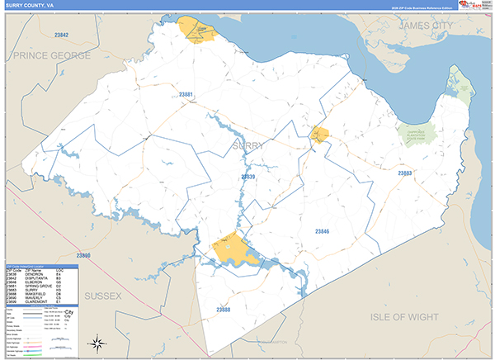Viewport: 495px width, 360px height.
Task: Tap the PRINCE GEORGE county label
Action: [51, 55]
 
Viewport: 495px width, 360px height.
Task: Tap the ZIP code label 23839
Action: [248, 177]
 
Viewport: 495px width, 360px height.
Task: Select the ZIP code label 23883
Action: [404, 173]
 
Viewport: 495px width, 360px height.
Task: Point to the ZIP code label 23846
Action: [322, 232]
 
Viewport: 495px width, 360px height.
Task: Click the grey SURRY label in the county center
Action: [249, 146]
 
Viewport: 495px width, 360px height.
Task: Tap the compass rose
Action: [98, 342]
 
